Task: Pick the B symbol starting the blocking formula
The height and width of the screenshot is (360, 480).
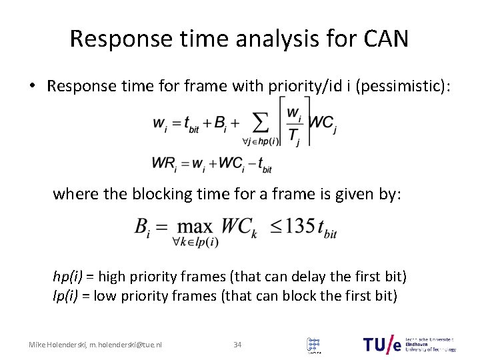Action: pos(141,227)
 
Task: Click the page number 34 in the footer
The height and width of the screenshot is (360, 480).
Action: pos(237,345)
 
